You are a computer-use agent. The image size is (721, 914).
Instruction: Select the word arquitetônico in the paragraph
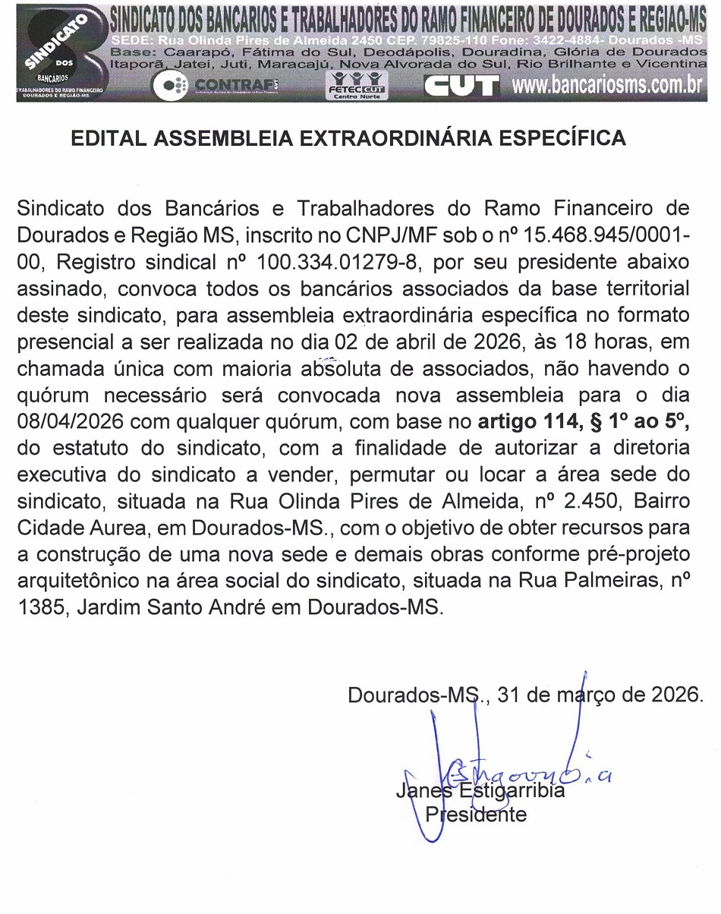coord(92,578)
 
